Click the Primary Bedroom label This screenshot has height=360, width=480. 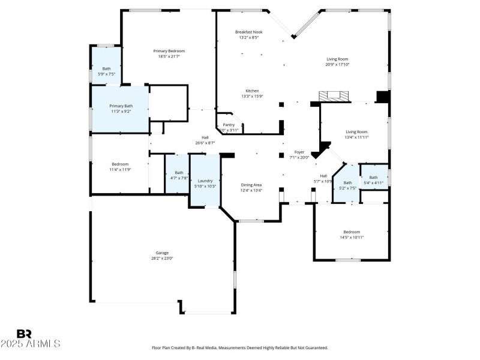pyautogui.click(x=169, y=51)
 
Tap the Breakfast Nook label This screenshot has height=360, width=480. pyautogui.click(x=248, y=32)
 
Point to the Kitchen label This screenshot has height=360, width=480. pyautogui.click(x=252, y=91)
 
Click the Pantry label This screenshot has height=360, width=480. pyautogui.click(x=229, y=125)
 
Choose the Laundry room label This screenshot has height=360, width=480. pyautogui.click(x=205, y=181)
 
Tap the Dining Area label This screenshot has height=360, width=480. pyautogui.click(x=251, y=185)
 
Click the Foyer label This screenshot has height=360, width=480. pyautogui.click(x=299, y=152)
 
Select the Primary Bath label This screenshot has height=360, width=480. pyautogui.click(x=120, y=106)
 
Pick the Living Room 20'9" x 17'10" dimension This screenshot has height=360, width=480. pyautogui.click(x=337, y=64)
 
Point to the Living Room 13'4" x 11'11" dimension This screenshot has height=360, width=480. pyautogui.click(x=356, y=137)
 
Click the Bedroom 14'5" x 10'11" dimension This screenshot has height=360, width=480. pyautogui.click(x=352, y=238)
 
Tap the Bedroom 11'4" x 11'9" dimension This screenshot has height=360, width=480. pyautogui.click(x=120, y=170)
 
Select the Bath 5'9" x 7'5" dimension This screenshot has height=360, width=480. pyautogui.click(x=106, y=74)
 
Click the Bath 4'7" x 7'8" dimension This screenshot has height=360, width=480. pyautogui.click(x=179, y=178)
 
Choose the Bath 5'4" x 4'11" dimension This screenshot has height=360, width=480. pyautogui.click(x=373, y=182)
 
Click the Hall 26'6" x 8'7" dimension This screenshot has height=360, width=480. pyautogui.click(x=205, y=143)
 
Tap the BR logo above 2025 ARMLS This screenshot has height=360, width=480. pyautogui.click(x=24, y=334)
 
